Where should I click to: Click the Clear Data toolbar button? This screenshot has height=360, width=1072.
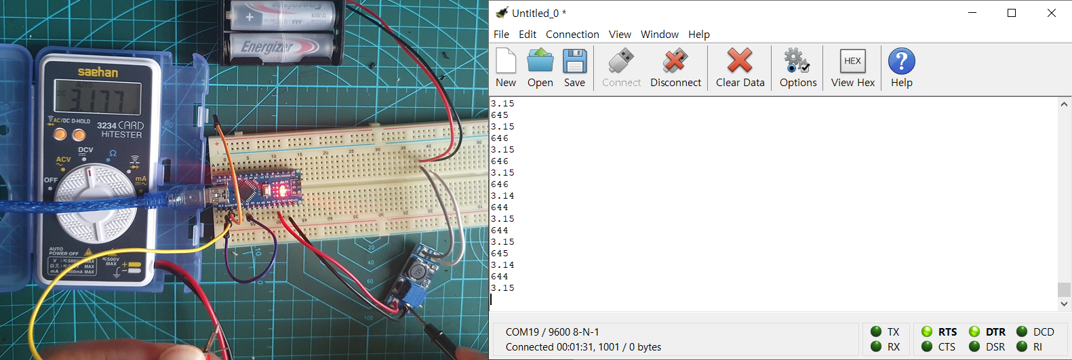(740, 68)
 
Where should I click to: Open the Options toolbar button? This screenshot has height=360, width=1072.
(797, 68)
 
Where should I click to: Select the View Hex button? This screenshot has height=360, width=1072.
(852, 68)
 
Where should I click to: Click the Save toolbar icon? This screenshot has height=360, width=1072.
(574, 68)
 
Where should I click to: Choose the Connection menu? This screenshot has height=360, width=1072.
(572, 35)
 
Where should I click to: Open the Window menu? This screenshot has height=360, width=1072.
(659, 35)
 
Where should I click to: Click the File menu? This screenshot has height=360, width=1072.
(501, 35)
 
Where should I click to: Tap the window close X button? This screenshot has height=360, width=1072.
(1051, 13)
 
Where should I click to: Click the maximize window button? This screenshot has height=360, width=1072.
(1011, 13)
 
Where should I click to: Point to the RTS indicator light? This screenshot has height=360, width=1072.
(927, 332)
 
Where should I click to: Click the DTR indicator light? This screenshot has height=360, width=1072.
(974, 332)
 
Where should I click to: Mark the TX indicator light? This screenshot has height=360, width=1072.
(876, 332)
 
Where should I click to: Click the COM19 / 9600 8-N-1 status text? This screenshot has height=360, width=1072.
(552, 332)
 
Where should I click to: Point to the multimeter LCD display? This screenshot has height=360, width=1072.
(98, 99)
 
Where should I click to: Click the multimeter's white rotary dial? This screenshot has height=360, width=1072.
(95, 202)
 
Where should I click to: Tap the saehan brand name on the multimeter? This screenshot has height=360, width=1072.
(98, 72)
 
